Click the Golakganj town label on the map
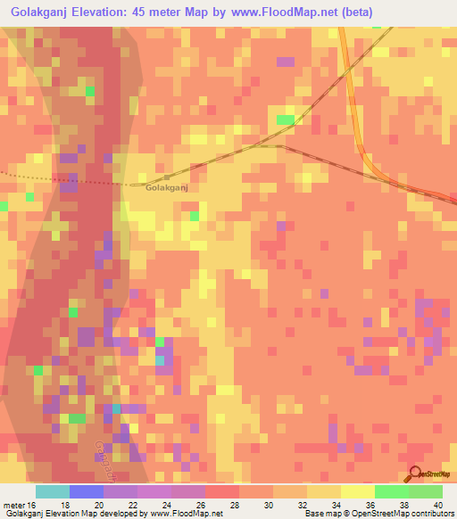click(x=165, y=188)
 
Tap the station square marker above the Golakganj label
click(x=166, y=177)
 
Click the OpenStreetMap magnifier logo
click(x=415, y=474)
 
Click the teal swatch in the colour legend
click(x=53, y=490)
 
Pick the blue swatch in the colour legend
click(x=86, y=490)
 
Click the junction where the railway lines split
click(x=282, y=144)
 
